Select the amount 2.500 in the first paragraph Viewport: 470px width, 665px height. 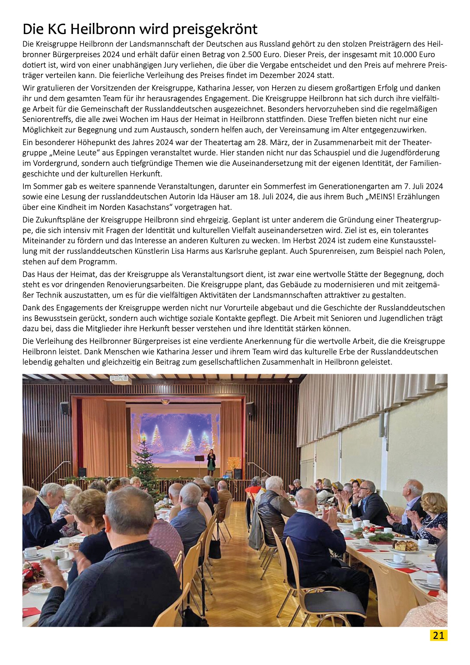coord(251,55)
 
